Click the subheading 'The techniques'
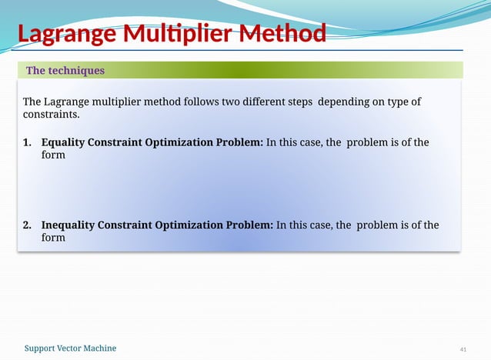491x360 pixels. (65, 71)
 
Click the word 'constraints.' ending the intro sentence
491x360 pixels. (51, 115)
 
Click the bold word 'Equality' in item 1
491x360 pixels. (62, 142)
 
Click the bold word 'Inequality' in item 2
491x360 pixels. (68, 225)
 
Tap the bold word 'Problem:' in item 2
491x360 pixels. (249, 225)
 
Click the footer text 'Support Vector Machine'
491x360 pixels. (71, 348)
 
